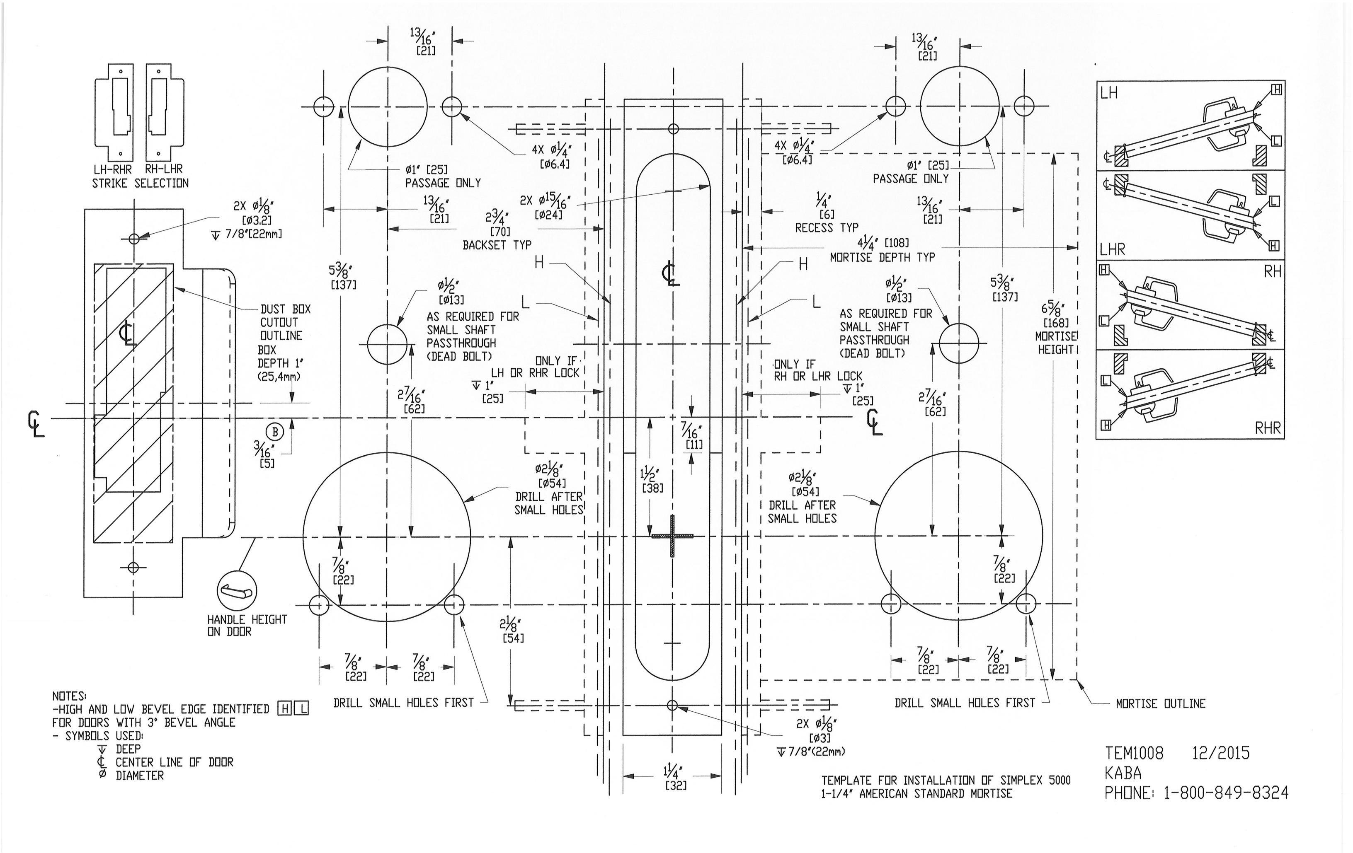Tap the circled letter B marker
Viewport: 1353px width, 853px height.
pos(275,432)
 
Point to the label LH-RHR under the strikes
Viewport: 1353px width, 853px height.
pos(113,169)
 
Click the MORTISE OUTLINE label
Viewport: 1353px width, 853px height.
pos(1160,703)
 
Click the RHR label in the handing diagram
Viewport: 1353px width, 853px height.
pos(1268,428)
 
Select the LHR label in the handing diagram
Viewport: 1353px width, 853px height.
pos(1113,249)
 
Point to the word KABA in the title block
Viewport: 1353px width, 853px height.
pos(1123,773)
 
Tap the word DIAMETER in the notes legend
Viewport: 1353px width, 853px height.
pos(140,776)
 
